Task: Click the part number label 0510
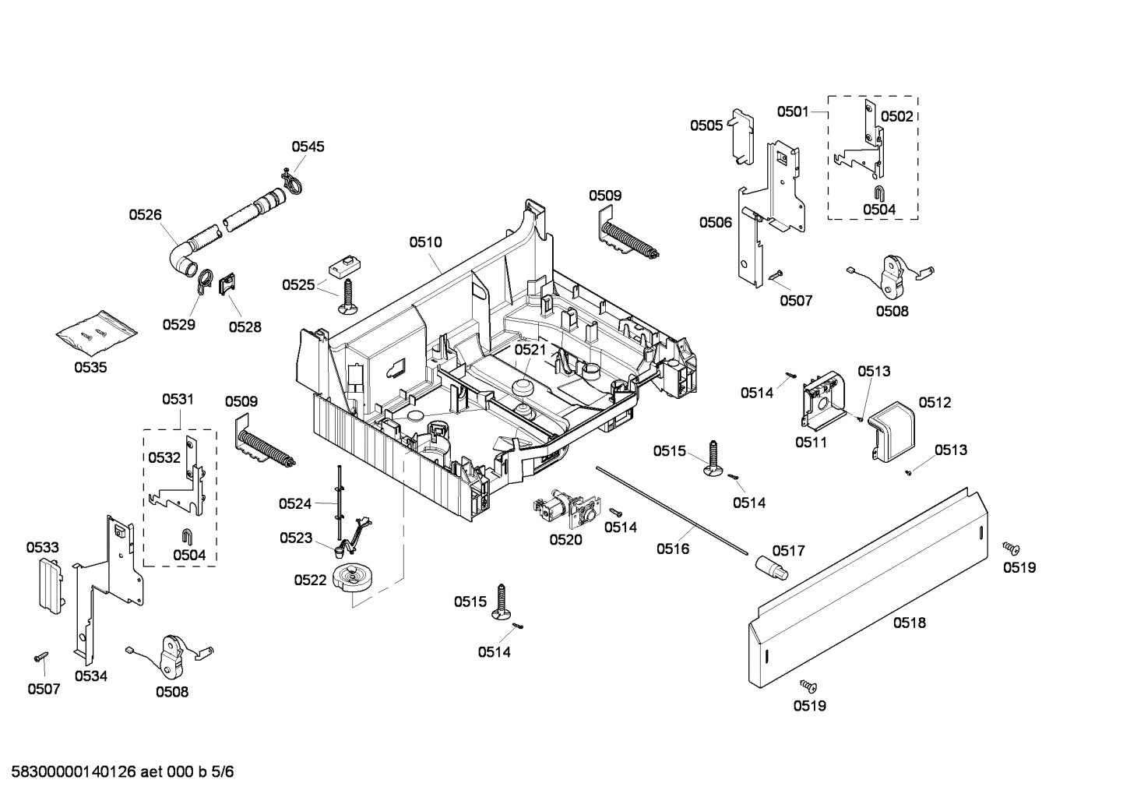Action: point(425,242)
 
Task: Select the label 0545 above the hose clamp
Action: point(308,146)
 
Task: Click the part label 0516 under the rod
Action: point(672,549)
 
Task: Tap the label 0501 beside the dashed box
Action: point(793,111)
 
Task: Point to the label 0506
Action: point(715,223)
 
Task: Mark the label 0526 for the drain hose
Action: point(145,213)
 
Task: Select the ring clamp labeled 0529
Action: point(202,282)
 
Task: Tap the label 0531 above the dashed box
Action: point(178,399)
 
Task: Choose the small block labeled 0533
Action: point(48,584)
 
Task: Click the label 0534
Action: point(90,676)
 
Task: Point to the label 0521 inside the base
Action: point(530,350)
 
